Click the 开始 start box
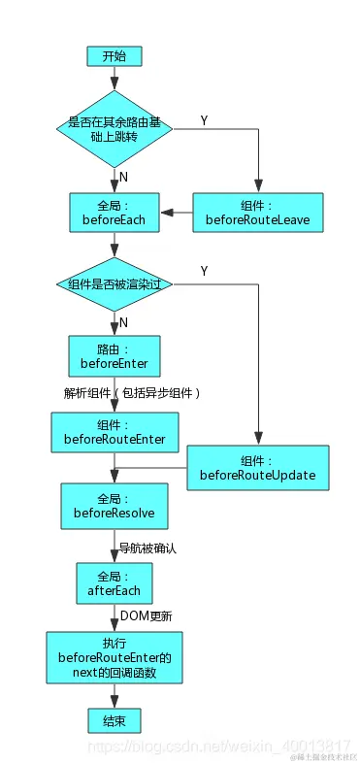point(114,56)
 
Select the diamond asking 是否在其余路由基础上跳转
point(114,131)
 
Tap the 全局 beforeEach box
point(114,213)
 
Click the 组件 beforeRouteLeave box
point(258,213)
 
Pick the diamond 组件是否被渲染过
point(114,284)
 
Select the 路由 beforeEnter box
point(114,356)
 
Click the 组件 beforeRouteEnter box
point(114,432)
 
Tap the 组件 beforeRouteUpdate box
point(258,467)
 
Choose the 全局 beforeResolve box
point(114,505)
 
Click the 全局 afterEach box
point(114,582)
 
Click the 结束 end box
point(114,719)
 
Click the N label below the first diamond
point(123,176)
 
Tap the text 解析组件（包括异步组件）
point(132,393)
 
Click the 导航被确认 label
point(147,548)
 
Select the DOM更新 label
point(147,615)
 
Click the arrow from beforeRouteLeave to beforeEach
point(176,213)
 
